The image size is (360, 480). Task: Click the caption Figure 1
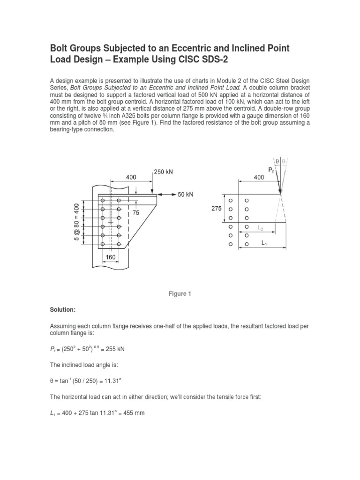tap(180, 294)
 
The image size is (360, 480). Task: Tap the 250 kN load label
tap(163, 172)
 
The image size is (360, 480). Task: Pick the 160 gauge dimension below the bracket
tap(110, 258)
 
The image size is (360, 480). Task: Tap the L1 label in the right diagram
tap(265, 244)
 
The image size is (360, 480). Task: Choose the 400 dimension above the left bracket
tap(131, 178)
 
